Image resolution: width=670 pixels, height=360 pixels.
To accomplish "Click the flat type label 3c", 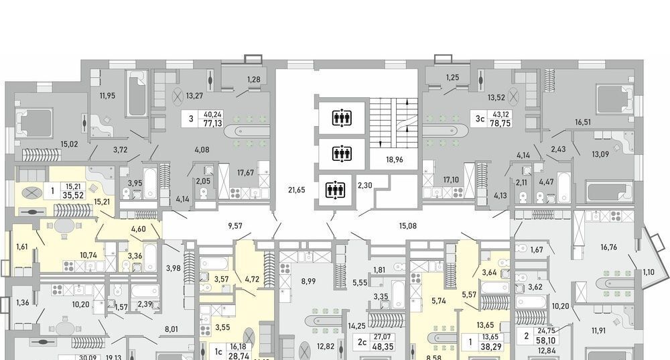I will click(x=480, y=119).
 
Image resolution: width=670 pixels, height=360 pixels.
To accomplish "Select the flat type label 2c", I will click(x=362, y=342).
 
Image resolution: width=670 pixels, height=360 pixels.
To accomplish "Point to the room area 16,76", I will click(x=608, y=247).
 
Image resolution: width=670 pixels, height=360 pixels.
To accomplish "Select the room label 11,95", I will click(x=108, y=95).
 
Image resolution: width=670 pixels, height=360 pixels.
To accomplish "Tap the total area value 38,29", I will click(x=490, y=347).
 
